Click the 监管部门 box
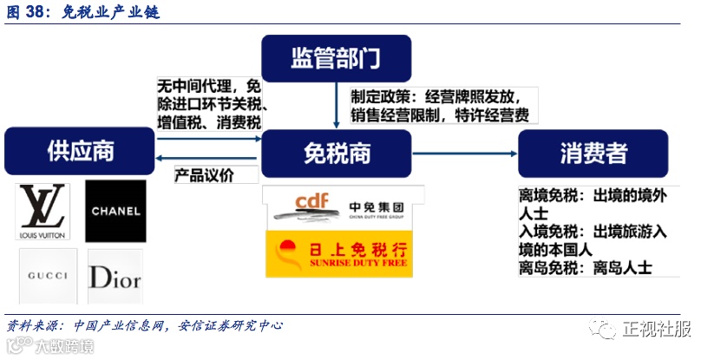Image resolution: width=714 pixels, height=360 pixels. point(336,58)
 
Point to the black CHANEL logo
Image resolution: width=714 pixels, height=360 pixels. point(115,212)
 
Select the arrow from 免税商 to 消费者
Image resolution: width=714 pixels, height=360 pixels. point(464,154)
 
